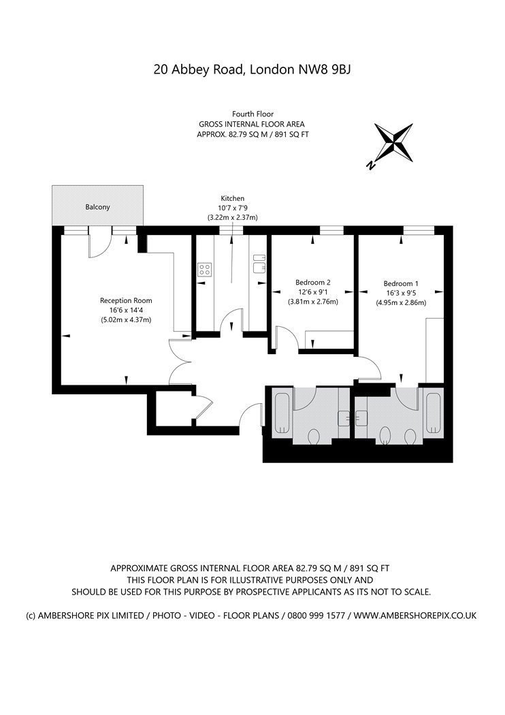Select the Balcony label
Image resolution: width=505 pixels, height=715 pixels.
97,206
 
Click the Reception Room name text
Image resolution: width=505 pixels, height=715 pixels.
126,300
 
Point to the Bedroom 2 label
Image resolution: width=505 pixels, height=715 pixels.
313,283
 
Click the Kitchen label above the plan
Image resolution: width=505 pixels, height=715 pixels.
232,198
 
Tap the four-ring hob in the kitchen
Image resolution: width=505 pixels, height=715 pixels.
206,269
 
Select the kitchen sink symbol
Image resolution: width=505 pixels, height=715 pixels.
259,264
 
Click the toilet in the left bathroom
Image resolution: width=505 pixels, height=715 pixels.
314,434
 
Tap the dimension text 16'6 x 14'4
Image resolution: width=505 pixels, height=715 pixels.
126,310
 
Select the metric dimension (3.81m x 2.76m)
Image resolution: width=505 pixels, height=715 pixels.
313,302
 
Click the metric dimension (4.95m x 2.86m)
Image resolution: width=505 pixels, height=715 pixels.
401,303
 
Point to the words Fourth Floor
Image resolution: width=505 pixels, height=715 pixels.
253,114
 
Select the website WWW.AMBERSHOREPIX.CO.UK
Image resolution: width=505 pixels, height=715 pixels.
416,615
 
